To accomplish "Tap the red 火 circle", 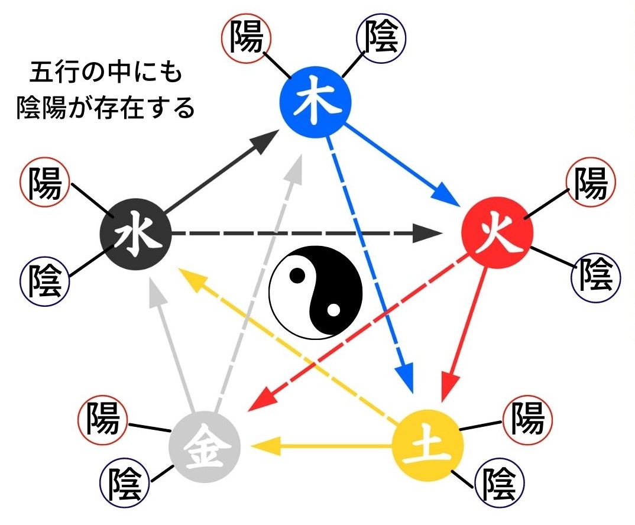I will [x=497, y=233].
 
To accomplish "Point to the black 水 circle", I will [x=135, y=234].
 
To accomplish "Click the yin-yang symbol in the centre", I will [x=315, y=292].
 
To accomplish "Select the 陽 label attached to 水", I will [x=44, y=184].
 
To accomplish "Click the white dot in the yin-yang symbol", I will [x=333, y=309].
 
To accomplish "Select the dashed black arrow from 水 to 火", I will [x=307, y=234].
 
